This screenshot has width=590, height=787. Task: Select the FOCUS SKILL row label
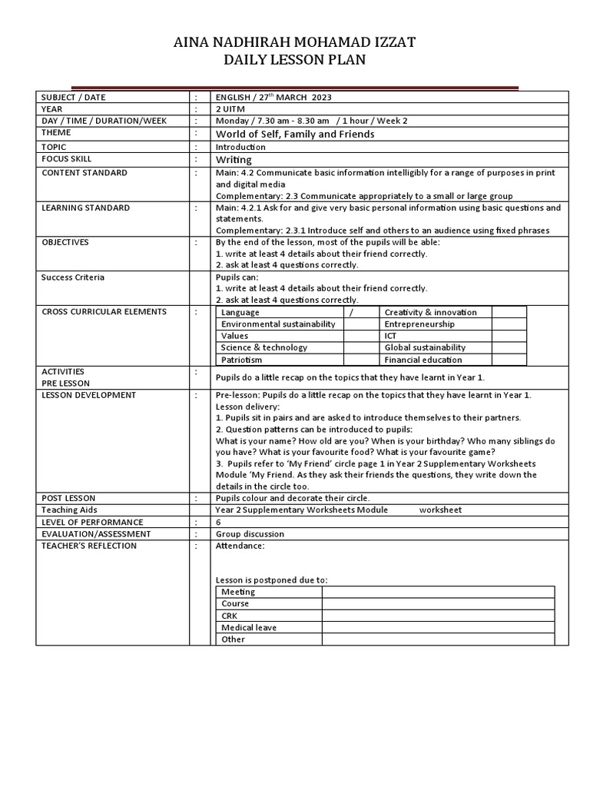click(68, 159)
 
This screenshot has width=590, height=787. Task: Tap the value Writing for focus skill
click(234, 160)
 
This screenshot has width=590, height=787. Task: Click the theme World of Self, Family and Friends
click(295, 134)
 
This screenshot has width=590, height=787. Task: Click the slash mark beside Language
click(352, 313)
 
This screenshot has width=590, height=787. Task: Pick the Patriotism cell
click(242, 360)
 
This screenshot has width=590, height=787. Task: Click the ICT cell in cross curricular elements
click(392, 336)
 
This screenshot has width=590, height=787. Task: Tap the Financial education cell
click(423, 360)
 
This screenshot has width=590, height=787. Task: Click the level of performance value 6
click(219, 522)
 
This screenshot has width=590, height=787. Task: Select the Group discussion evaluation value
click(250, 534)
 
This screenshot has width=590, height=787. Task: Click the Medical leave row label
click(249, 628)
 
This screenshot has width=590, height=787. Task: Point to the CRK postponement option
click(230, 616)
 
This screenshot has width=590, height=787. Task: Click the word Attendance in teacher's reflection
click(240, 546)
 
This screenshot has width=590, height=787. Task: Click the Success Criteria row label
click(73, 277)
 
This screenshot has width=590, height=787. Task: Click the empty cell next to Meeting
click(438, 592)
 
